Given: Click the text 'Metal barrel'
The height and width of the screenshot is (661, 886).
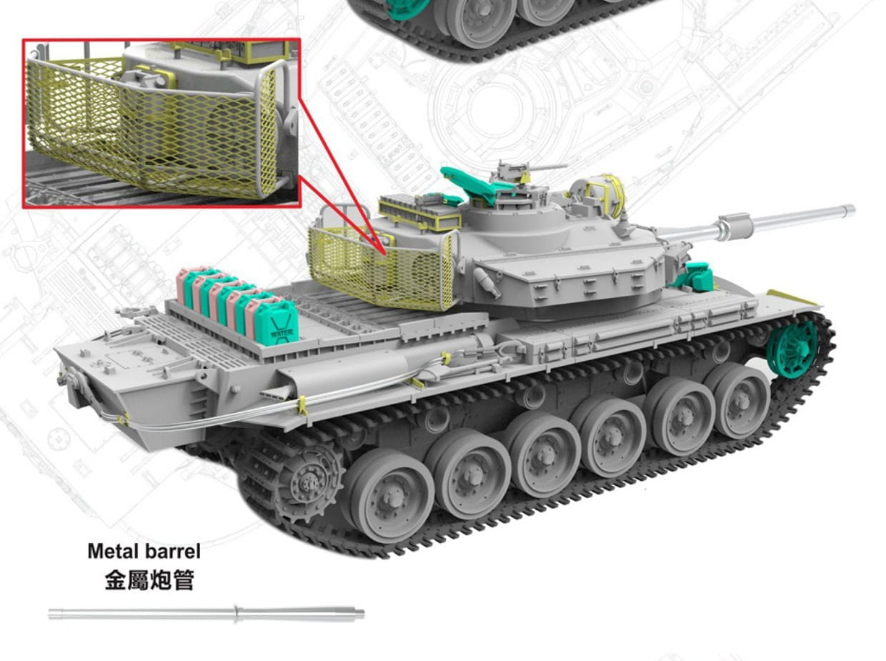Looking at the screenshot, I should click(x=144, y=551).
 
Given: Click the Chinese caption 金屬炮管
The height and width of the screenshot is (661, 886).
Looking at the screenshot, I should click(x=149, y=580).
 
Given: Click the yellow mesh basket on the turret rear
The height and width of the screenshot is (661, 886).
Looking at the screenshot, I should click(x=379, y=268).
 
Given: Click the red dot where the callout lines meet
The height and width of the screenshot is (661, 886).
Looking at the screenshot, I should click(x=385, y=251).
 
